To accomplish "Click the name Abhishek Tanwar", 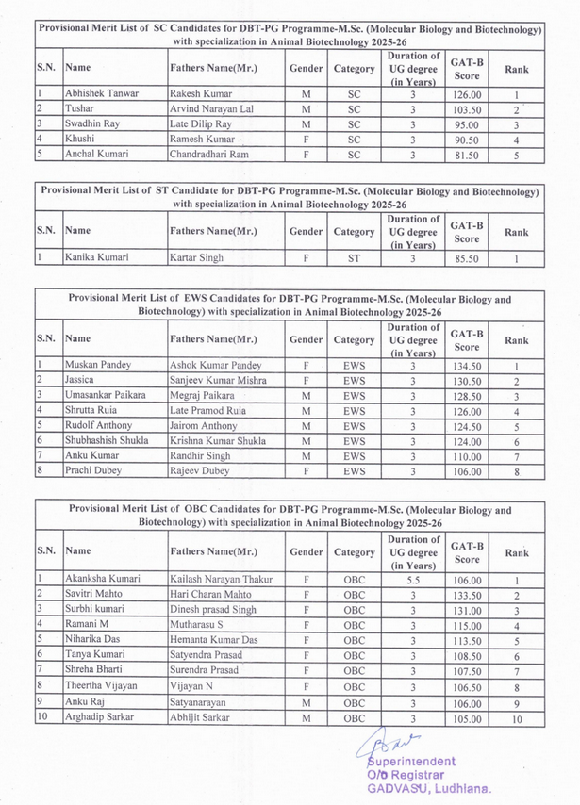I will click(102, 94).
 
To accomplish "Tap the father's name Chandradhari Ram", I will click(209, 154).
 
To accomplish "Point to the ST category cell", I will click(354, 256).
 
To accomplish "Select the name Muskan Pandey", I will click(98, 365).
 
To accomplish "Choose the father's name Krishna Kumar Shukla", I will click(219, 440).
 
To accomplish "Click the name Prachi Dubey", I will click(93, 470).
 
